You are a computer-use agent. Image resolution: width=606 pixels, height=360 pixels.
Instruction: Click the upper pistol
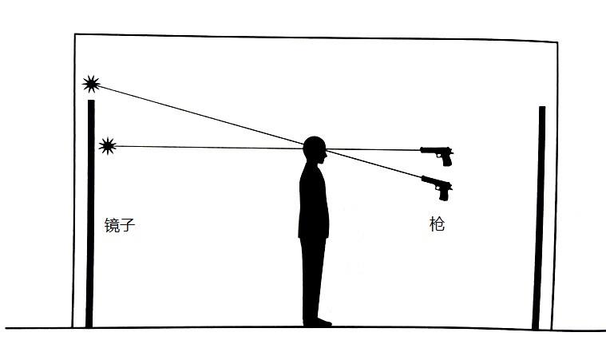click(x=437, y=155)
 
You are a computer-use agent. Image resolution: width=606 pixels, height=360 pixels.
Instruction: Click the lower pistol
click(x=437, y=186)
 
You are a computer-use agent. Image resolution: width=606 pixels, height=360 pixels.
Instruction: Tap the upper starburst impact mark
click(x=91, y=84)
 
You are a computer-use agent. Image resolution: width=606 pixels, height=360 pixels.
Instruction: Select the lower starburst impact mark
click(x=108, y=146)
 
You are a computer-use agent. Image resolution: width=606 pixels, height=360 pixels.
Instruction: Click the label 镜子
click(x=120, y=225)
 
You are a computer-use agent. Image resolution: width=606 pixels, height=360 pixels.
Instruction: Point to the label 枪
click(x=437, y=224)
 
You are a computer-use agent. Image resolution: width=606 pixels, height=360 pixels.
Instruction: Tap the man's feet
click(x=317, y=322)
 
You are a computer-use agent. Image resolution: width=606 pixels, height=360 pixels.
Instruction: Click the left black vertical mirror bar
click(x=90, y=214)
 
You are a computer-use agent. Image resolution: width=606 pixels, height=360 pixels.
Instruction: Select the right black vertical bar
click(x=539, y=218)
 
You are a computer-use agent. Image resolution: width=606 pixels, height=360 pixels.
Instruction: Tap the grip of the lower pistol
click(x=444, y=194)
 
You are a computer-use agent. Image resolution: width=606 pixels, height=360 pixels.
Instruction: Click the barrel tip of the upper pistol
click(x=421, y=149)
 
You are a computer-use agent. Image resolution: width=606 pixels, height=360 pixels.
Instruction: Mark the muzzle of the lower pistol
click(x=422, y=178)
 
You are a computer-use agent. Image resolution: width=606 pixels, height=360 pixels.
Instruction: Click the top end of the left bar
click(x=91, y=101)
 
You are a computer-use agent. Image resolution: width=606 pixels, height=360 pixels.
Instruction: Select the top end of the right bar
click(x=542, y=107)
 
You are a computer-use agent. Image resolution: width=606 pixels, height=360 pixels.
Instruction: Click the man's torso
click(x=314, y=201)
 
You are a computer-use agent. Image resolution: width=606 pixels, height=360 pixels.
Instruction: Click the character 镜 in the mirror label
click(x=112, y=225)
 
